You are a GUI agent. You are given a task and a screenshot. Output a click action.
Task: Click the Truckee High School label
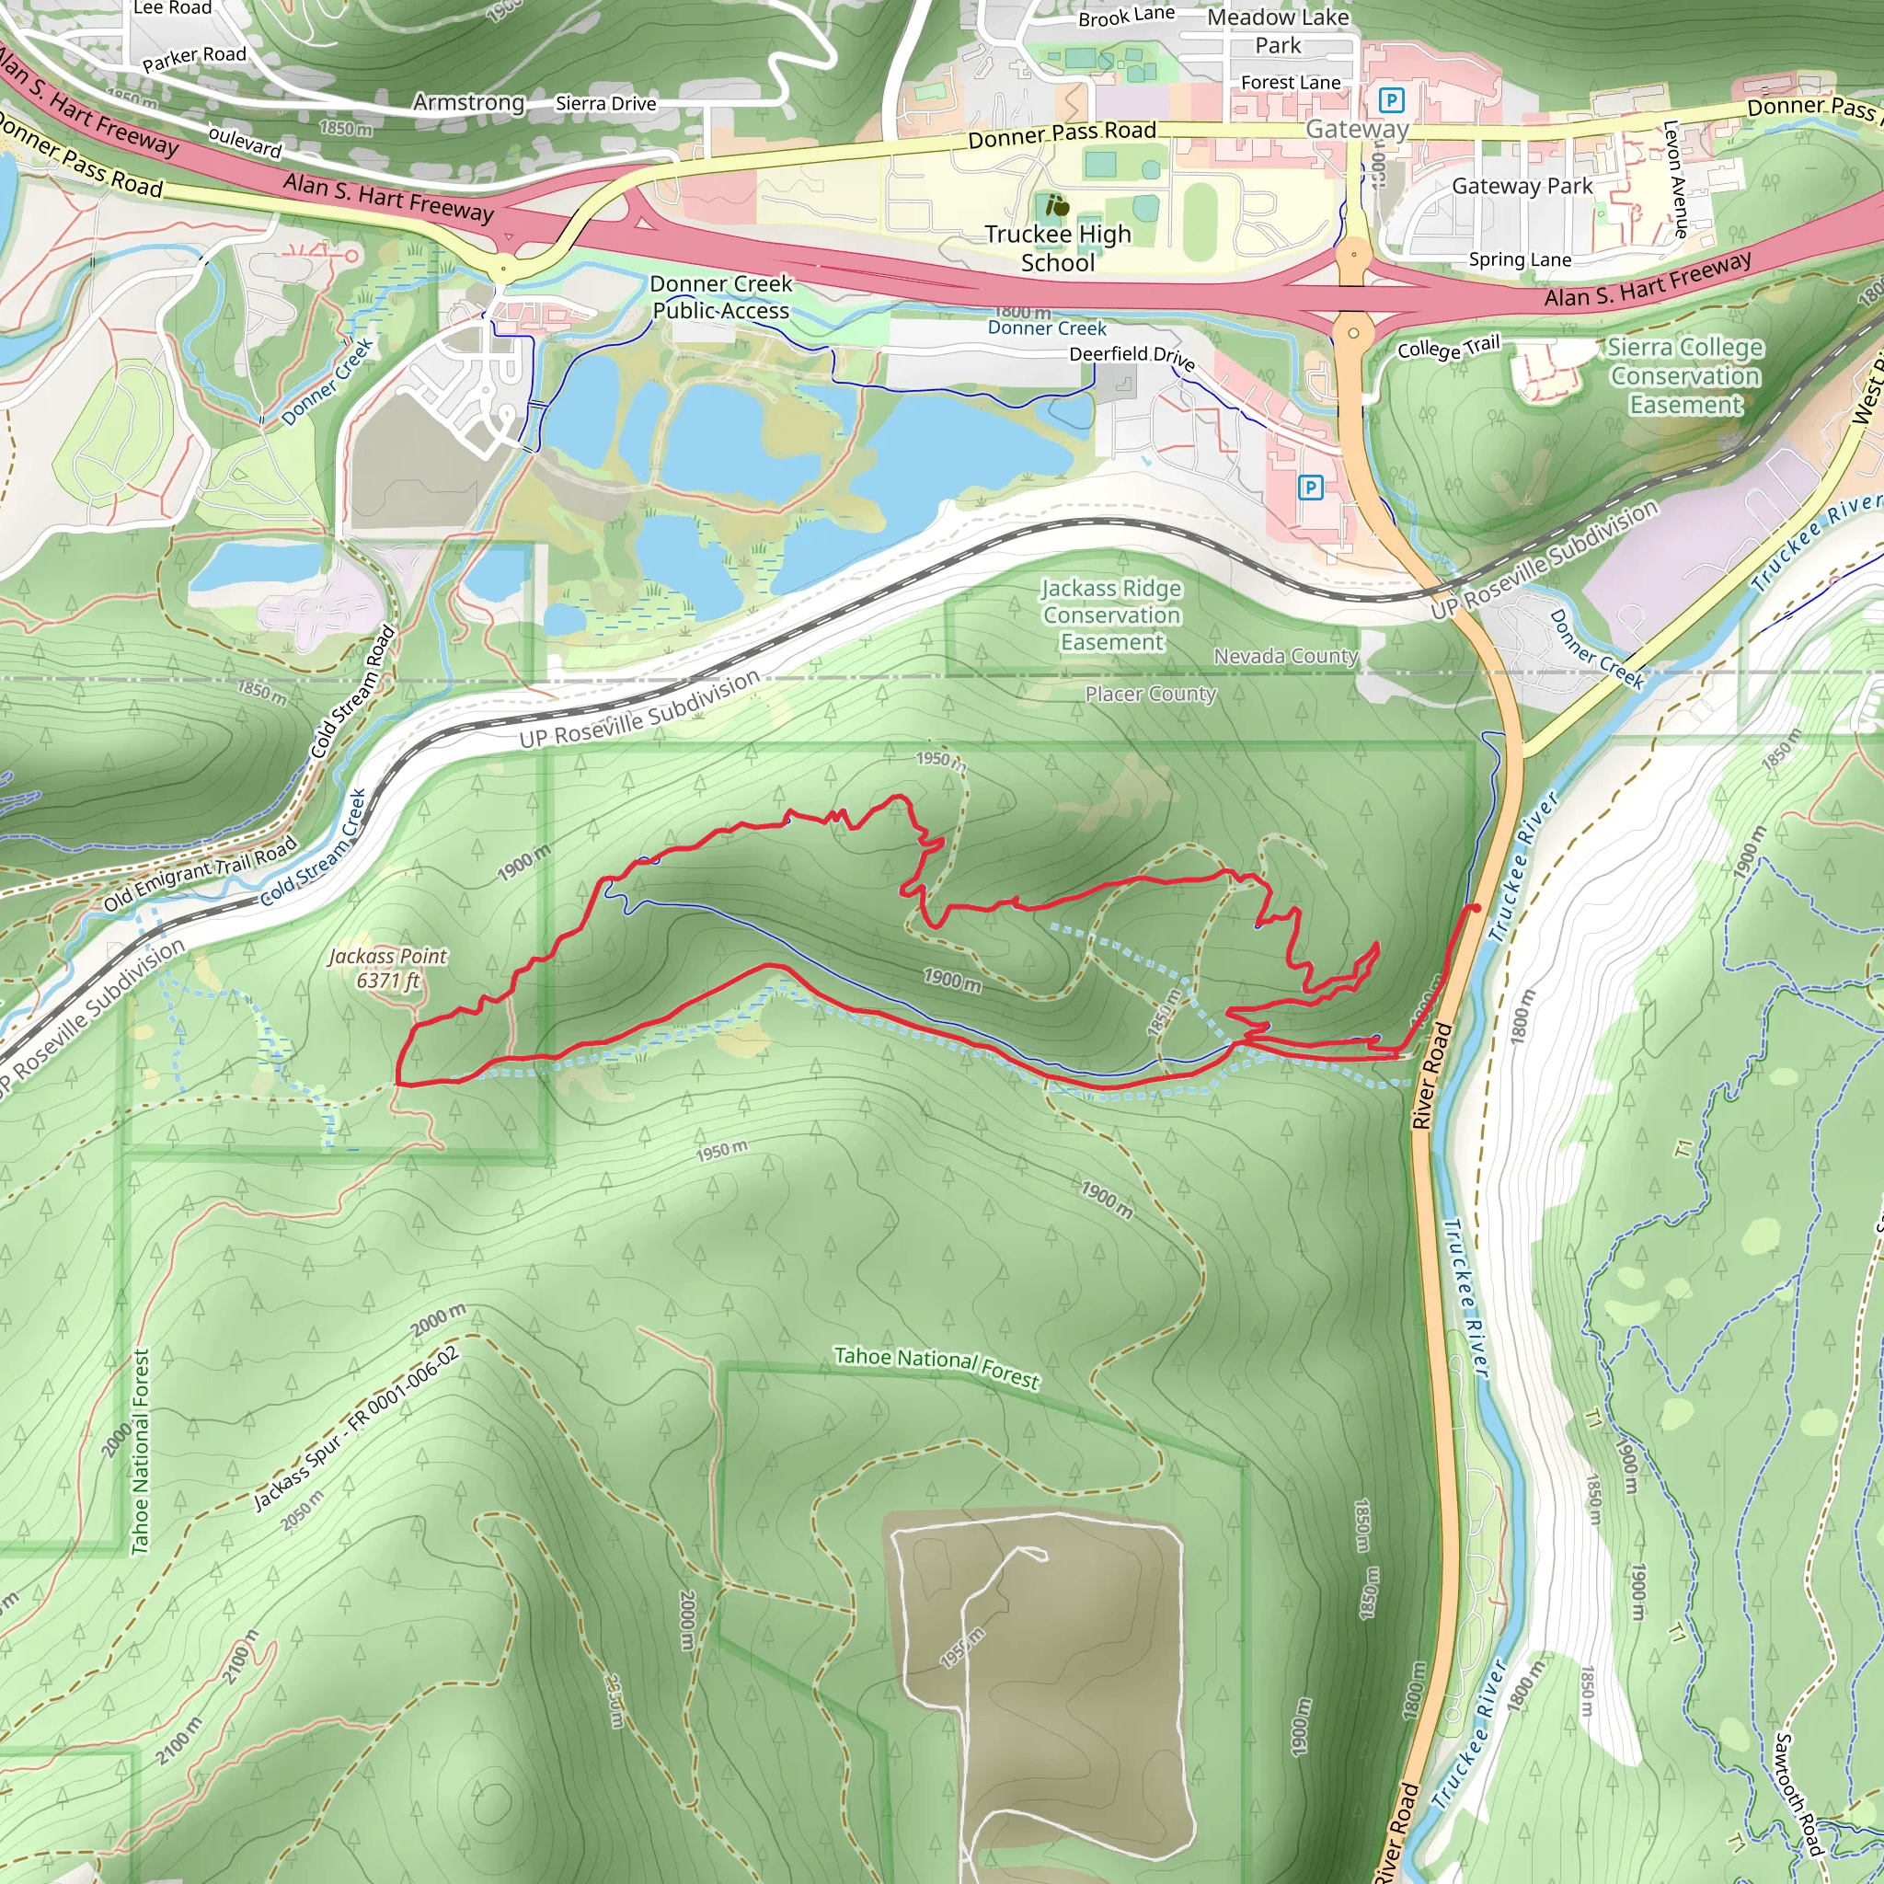(1058, 248)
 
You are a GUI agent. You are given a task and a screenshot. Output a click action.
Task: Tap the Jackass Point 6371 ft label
(387, 969)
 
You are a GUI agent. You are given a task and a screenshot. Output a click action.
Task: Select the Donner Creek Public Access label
(720, 297)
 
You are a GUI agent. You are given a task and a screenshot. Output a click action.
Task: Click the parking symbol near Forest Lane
(1392, 100)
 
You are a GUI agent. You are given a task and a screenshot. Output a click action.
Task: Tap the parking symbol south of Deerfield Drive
(1311, 487)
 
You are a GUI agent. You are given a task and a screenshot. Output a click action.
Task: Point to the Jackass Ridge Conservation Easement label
(1111, 615)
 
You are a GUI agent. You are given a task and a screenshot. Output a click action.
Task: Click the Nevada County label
(1285, 656)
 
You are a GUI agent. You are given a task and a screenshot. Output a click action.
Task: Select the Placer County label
(1151, 695)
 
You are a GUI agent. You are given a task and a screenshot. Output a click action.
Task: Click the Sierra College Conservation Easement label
(1685, 376)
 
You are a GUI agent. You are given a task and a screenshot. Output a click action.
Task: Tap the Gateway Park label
(1522, 186)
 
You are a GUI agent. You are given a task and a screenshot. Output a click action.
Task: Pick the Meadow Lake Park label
(1278, 31)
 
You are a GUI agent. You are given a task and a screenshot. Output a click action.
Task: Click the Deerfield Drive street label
(1132, 357)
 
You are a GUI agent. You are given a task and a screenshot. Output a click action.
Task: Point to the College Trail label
(1448, 348)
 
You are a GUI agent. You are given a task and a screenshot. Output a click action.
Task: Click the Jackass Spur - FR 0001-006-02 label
(356, 1429)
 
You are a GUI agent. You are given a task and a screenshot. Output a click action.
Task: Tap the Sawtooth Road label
(1797, 1794)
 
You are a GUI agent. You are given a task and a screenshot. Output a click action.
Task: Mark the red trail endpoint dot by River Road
(1476, 908)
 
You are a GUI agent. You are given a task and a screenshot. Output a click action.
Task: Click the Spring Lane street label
(1520, 260)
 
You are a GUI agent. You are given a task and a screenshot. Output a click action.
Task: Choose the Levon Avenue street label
(1675, 179)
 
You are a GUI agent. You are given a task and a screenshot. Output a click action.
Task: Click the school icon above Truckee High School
(1057, 206)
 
